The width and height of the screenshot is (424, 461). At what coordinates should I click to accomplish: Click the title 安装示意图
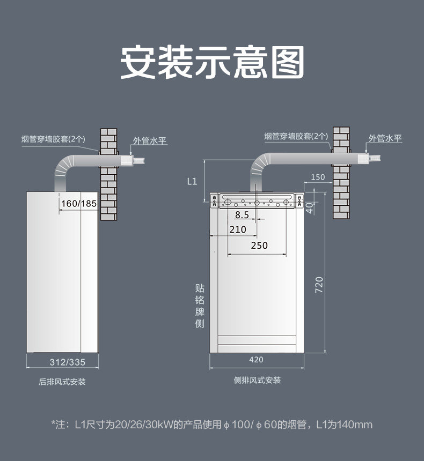click(212, 62)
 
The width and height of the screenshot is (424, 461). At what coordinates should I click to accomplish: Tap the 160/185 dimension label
click(78, 204)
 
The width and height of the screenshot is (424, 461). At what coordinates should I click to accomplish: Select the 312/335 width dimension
click(67, 362)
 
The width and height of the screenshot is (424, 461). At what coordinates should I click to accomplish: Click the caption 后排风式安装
click(62, 382)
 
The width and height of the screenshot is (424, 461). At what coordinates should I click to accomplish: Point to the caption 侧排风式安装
click(257, 380)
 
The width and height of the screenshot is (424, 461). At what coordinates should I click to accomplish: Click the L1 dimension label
click(192, 181)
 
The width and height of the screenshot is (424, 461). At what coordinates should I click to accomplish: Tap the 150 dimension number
click(318, 177)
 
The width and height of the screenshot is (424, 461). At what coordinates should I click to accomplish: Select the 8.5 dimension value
click(242, 215)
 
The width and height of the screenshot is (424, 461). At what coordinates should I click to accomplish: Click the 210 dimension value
click(237, 230)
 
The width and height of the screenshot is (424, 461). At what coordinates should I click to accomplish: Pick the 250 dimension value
click(259, 246)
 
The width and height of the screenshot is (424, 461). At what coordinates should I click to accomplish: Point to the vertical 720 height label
click(319, 285)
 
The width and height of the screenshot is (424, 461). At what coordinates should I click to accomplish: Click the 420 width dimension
click(257, 359)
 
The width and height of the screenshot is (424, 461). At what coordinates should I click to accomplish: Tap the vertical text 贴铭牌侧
click(200, 306)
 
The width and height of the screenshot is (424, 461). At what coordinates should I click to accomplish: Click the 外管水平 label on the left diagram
click(150, 141)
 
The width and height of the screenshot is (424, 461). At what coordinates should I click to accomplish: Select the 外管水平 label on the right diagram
click(385, 138)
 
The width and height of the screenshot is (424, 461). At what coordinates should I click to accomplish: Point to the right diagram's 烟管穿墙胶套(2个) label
click(296, 136)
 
